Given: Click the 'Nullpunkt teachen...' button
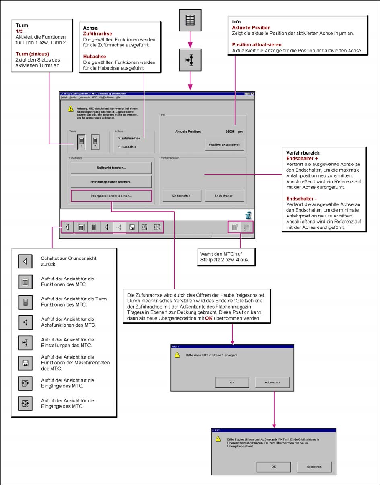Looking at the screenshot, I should (x=111, y=168).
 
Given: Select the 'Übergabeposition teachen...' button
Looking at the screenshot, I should (x=111, y=196).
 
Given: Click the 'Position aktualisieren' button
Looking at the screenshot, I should (x=225, y=144).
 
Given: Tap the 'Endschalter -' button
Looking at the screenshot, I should (x=182, y=196).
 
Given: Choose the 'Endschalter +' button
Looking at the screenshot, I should (x=225, y=196).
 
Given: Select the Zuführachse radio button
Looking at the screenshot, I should (x=119, y=138).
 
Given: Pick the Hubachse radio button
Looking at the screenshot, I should (x=119, y=147).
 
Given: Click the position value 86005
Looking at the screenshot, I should (x=230, y=132).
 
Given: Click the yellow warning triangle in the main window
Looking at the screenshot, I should (x=71, y=108).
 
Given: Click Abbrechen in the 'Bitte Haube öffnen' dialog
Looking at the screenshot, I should (x=314, y=467).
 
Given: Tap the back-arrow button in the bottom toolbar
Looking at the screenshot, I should (x=67, y=227).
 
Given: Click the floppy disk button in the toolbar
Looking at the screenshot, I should (x=132, y=227).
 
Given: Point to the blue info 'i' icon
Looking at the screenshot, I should (x=249, y=215).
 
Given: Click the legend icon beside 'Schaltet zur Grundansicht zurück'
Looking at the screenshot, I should (x=25, y=262).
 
